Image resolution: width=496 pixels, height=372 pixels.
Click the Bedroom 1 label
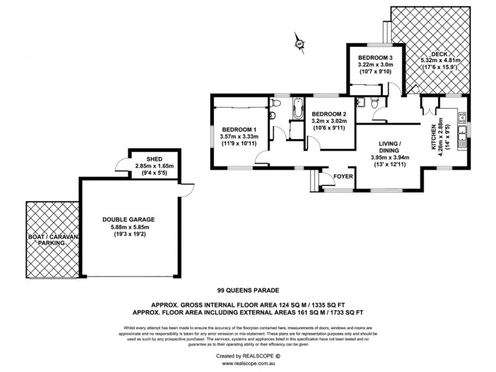238,130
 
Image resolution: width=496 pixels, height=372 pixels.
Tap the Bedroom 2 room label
329,115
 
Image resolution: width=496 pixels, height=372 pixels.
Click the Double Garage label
129,219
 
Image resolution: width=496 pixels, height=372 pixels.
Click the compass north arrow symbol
299,42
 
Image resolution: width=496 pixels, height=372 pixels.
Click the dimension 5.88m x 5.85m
130,228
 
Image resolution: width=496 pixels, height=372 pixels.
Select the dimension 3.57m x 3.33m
238,137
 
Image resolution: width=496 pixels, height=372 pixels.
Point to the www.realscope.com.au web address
248,364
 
